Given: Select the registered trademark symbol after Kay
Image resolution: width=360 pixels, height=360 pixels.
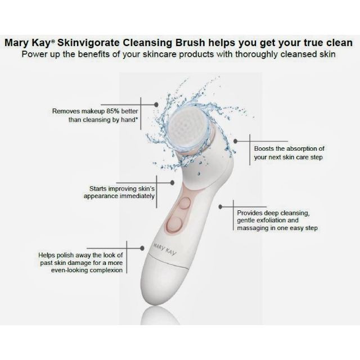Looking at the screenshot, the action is point(53,41).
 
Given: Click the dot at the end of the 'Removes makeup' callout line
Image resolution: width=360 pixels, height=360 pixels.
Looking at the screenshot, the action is point(156,105).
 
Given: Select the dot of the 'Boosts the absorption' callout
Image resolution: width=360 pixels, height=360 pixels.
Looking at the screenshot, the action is point(235,141).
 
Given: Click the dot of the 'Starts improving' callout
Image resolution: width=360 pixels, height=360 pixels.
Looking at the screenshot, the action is point(172,183).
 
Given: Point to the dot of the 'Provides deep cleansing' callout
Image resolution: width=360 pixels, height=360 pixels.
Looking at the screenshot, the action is point(220,207).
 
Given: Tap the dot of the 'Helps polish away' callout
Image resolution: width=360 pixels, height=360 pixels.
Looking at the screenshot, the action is point(142,248).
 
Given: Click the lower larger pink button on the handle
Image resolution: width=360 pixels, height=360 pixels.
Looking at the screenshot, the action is point(174,224).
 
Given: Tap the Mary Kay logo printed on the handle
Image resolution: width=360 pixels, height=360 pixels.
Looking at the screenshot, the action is point(165,249).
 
